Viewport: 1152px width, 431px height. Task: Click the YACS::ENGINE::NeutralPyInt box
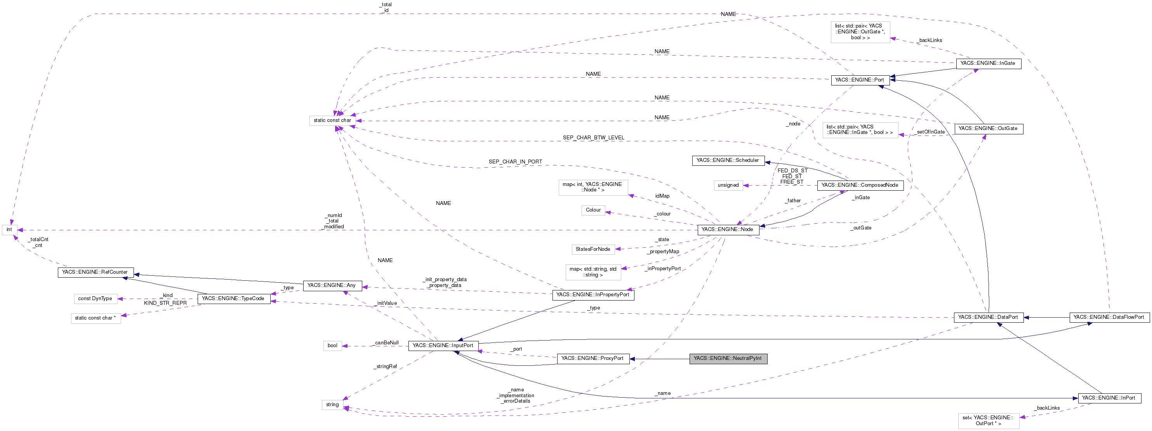point(728,358)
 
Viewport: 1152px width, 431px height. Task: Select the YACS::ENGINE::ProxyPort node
point(593,358)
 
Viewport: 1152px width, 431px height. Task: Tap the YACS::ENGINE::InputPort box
point(443,346)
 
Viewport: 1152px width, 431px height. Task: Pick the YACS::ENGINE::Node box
point(727,230)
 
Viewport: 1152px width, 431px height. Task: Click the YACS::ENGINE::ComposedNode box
point(860,186)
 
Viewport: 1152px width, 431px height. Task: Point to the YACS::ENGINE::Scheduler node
point(728,160)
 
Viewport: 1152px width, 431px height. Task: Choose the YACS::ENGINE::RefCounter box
point(95,272)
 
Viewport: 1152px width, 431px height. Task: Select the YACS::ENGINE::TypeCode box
point(233,299)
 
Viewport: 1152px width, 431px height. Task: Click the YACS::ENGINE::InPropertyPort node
point(593,295)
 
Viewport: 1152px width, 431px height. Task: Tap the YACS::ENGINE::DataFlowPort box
point(1109,318)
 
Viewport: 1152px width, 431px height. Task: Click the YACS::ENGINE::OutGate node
point(988,129)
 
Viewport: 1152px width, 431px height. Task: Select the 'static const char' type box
point(332,121)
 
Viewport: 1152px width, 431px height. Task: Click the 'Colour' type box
point(593,210)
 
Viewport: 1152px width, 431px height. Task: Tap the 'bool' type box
point(332,346)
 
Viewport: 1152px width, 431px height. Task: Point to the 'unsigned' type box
point(728,186)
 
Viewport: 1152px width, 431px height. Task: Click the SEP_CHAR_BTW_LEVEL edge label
point(593,138)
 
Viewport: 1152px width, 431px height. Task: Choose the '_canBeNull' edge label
point(386,343)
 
